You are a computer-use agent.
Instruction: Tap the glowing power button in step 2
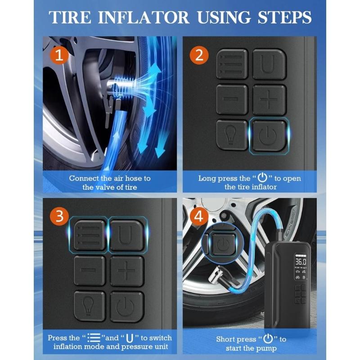(x=268, y=134)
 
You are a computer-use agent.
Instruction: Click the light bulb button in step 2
(x=232, y=134)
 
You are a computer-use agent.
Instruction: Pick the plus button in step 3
(x=126, y=271)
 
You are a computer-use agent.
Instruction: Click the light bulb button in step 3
(x=90, y=306)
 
